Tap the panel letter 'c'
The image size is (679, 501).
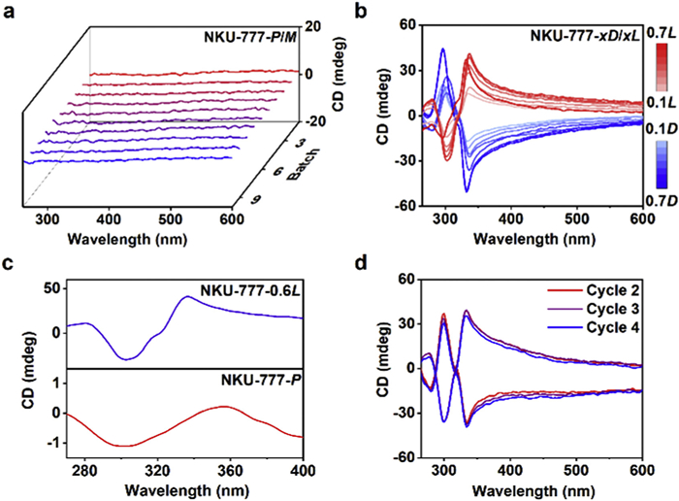click(11, 264)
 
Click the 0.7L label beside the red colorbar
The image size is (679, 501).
click(663, 33)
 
